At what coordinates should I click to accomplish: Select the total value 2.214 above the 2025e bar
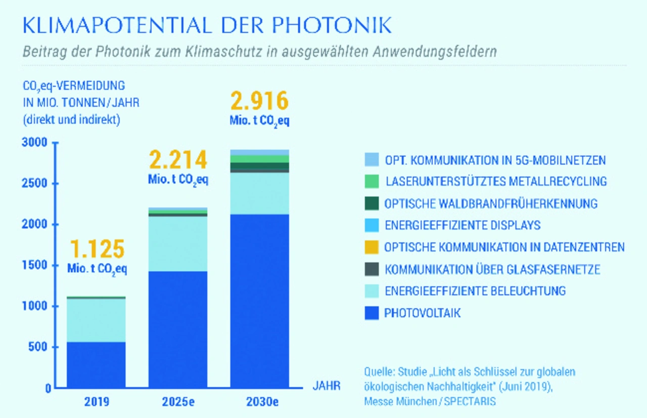178,160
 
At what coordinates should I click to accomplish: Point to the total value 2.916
260,101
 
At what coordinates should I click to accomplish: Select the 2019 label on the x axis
97,403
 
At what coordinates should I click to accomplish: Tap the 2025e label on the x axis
178,403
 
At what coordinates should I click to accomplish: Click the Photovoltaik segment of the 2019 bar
97,364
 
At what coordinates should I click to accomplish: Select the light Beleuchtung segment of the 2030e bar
260,193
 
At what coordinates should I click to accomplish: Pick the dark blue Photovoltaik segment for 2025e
178,329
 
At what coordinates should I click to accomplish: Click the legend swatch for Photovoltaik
371,313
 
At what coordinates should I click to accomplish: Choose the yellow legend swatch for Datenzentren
371,247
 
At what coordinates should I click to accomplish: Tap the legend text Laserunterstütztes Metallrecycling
496,181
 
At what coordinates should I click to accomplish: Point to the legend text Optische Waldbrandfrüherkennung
491,203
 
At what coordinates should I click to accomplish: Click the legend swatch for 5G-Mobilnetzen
371,160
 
